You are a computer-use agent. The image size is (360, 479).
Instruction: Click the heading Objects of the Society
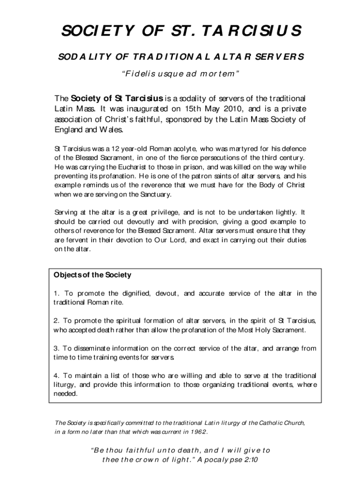pyautogui.click(x=93, y=275)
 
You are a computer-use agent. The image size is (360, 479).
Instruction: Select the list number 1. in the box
pyautogui.click(x=57, y=293)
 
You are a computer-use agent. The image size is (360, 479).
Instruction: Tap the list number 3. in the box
pyautogui.click(x=57, y=348)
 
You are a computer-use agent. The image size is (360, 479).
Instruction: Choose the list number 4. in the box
pyautogui.click(x=57, y=375)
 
